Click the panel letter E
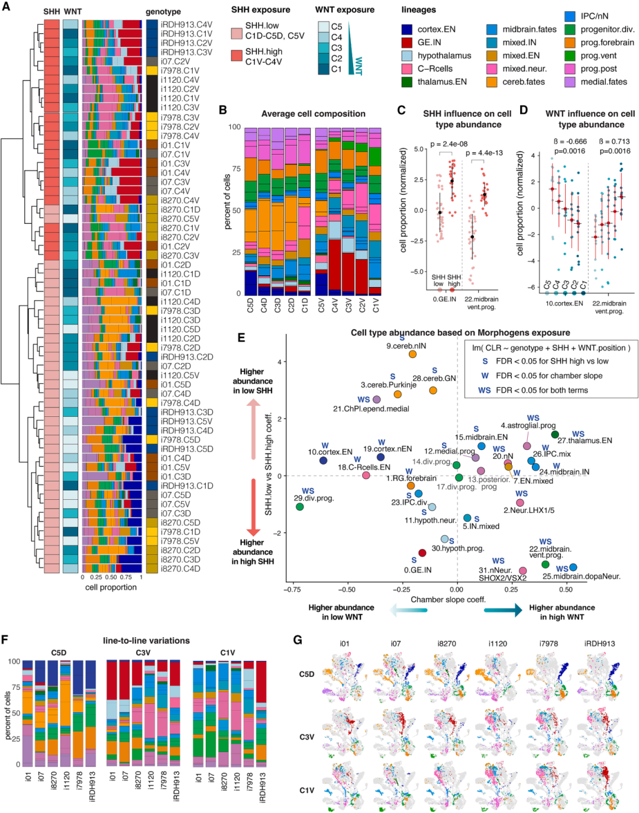[241, 338]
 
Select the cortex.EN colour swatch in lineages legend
[406, 29]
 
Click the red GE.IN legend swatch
[406, 42]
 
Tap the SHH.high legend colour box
[237, 56]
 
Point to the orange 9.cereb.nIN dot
[412, 354]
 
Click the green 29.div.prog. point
[299, 507]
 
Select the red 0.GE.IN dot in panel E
[422, 553]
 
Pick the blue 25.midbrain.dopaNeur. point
[573, 567]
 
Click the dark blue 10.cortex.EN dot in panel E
[323, 461]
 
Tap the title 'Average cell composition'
[314, 114]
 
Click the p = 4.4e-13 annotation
[484, 153]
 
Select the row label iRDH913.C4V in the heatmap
[186, 24]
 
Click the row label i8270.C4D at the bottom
[180, 568]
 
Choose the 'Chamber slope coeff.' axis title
[448, 599]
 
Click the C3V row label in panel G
[306, 737]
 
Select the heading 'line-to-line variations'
[146, 641]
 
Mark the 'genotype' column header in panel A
[163, 12]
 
